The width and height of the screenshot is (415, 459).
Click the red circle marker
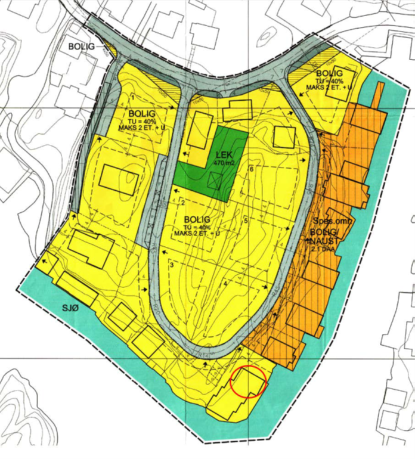point(247,382)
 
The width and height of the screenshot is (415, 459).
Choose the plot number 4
point(225,284)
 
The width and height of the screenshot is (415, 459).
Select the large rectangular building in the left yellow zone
point(119,178)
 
